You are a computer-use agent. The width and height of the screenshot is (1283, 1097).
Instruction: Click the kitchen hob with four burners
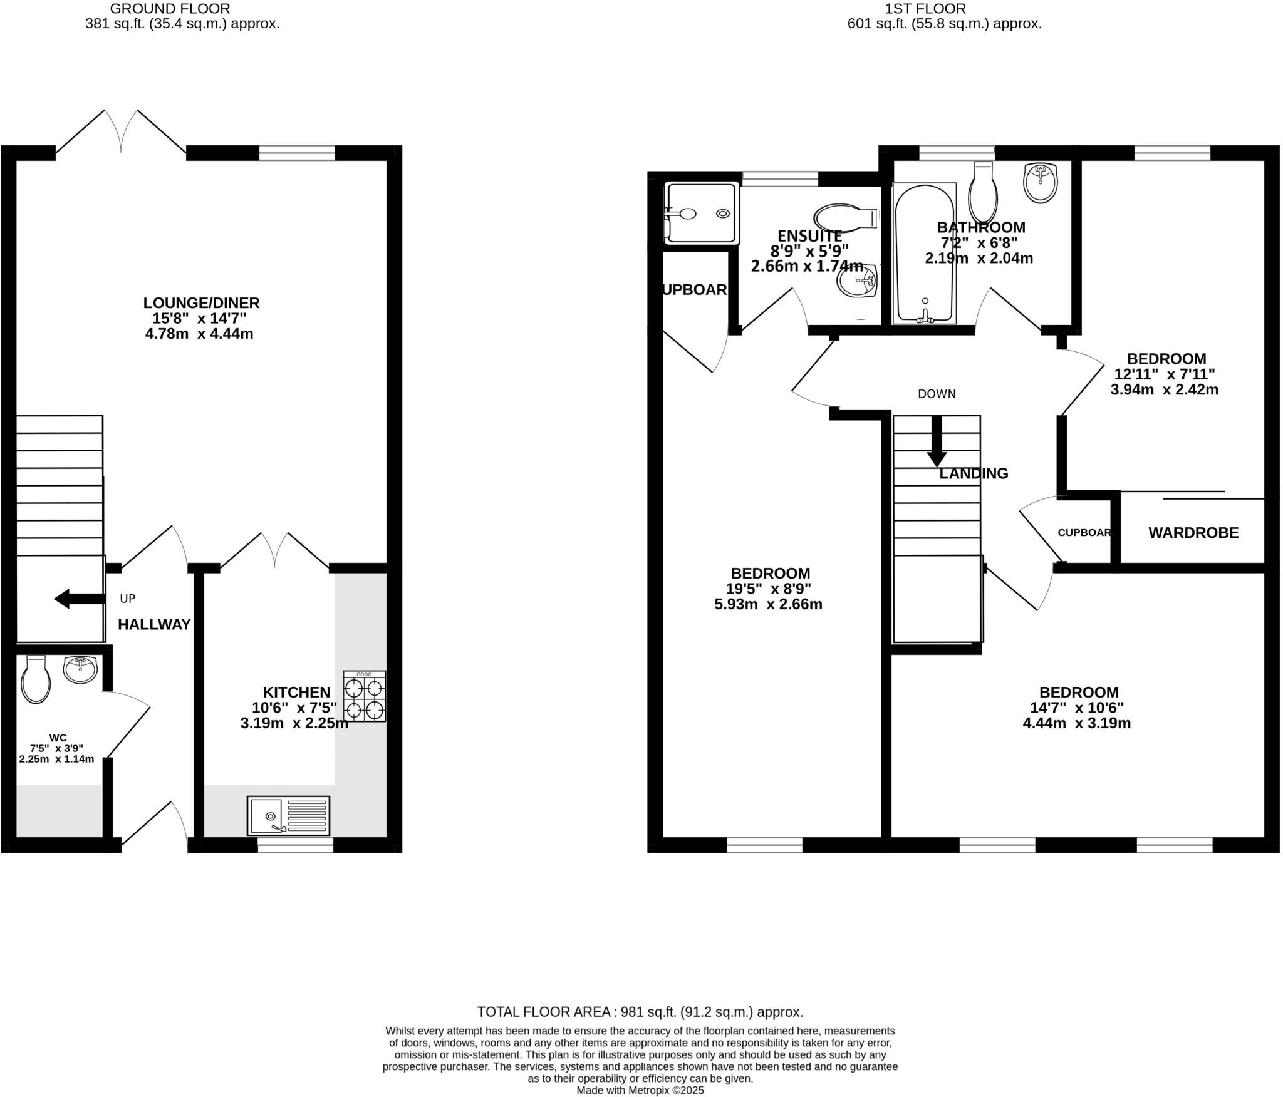coord(365,696)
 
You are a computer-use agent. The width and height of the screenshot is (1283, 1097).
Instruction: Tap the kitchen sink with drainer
coord(288,816)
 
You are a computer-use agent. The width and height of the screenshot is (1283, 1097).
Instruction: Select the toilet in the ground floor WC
coord(36,680)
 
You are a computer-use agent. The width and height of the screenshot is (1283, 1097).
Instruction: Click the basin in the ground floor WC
coord(80,670)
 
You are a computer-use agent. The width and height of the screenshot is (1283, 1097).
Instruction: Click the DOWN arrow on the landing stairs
coord(937,441)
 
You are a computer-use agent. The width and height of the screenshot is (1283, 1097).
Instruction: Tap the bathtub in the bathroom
coord(925,254)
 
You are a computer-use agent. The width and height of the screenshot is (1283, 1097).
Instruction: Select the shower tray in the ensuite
coord(702,213)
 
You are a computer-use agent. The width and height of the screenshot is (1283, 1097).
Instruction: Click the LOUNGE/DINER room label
coord(201,303)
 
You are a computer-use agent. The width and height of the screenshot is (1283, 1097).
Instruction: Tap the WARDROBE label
coord(1193,533)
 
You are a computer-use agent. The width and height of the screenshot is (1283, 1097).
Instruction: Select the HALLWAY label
coord(154,624)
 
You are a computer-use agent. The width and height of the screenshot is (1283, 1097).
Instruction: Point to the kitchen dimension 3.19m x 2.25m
coord(294,723)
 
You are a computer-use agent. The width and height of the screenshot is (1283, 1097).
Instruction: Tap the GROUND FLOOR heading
coord(170,9)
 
